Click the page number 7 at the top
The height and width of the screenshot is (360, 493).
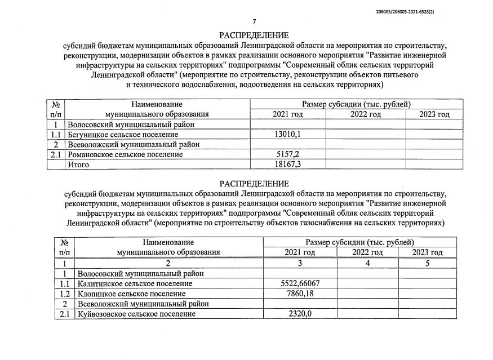(254, 22)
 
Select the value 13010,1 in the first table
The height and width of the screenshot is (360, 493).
(288, 134)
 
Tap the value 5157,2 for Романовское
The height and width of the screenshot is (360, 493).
(288, 154)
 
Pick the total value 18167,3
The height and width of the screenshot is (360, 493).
(288, 165)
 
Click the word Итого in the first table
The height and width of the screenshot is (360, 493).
(78, 165)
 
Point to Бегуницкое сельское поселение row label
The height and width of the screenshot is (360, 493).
(122, 134)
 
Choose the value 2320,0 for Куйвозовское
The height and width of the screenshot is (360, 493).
(299, 314)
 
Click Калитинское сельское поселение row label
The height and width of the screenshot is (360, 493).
(135, 283)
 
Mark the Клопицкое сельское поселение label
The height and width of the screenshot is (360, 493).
(132, 294)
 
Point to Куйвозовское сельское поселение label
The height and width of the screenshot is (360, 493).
(137, 314)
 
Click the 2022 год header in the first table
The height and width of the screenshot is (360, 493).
(366, 114)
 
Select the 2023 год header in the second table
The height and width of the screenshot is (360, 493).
(427, 252)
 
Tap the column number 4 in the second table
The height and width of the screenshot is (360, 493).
(367, 263)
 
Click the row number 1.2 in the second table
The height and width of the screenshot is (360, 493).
(64, 294)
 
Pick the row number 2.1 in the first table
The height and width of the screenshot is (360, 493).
(55, 154)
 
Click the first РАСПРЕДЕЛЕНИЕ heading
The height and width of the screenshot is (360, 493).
(255, 35)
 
